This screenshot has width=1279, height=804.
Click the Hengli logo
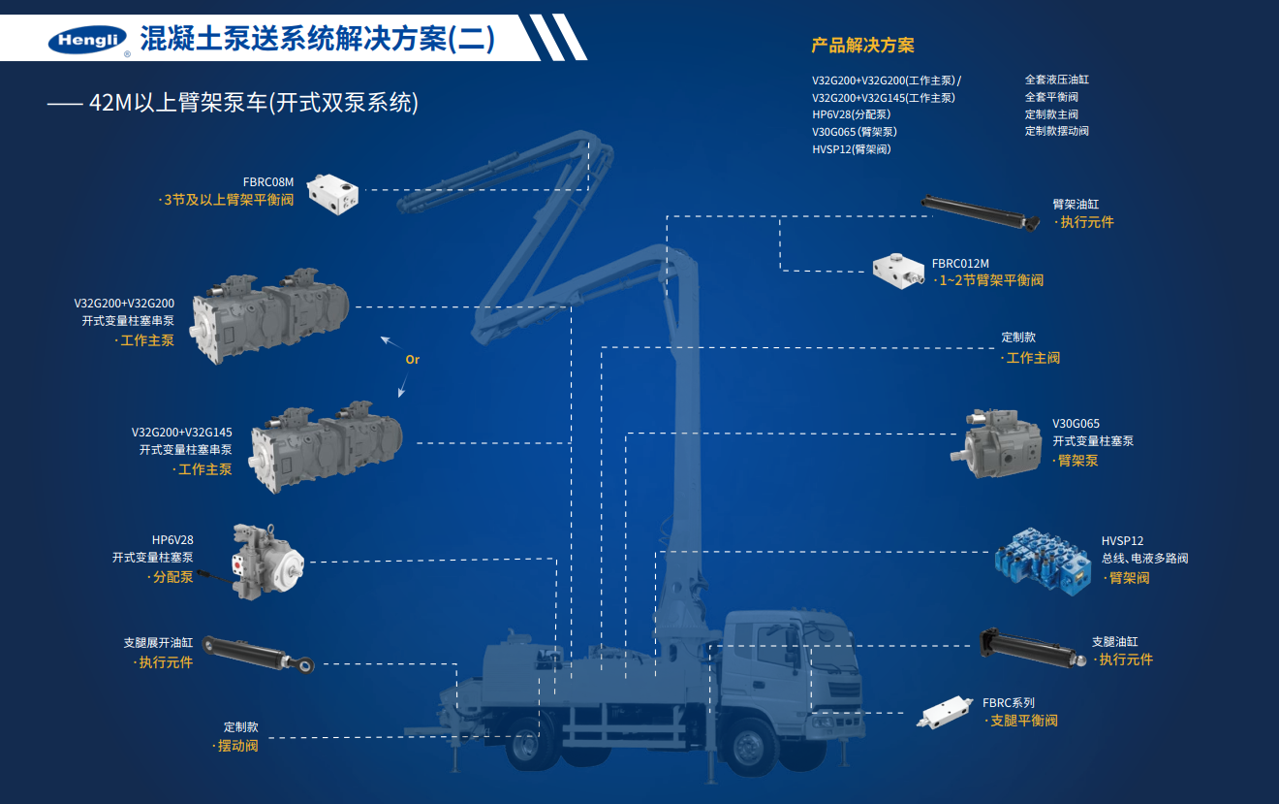coord(87,40)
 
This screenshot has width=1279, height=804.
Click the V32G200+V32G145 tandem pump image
coord(326,443)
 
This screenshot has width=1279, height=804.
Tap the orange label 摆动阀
coord(237,746)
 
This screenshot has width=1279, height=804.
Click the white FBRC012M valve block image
coord(898,271)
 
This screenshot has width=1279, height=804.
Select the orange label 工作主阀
coord(1033,358)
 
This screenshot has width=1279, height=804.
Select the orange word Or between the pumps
coord(412,360)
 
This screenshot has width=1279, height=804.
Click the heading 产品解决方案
coord(862,46)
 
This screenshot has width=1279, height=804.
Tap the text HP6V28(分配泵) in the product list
coord(851,114)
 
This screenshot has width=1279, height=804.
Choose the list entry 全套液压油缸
coord(1056,80)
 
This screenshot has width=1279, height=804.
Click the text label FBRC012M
coord(960,263)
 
